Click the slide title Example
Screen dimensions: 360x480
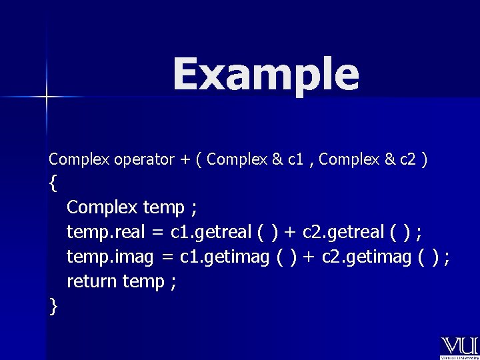(265, 75)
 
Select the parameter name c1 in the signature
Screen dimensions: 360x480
(297, 160)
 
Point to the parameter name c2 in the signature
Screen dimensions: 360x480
(409, 160)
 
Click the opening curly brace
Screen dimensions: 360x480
(53, 183)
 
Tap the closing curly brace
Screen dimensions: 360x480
(53, 306)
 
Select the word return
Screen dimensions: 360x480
(92, 281)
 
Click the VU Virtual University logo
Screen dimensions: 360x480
(459, 347)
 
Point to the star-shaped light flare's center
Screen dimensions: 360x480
(47, 97)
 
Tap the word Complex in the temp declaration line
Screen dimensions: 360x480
(103, 208)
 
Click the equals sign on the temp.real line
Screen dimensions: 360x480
(155, 233)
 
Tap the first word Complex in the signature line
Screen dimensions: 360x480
(79, 160)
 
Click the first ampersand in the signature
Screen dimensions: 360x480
(277, 160)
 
